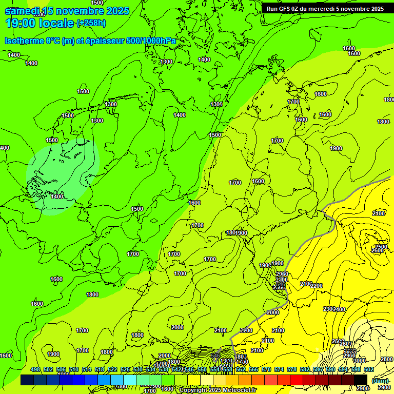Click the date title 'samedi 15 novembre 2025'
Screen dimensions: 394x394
pyautogui.click(x=67, y=11)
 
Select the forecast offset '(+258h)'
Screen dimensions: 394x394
pyautogui.click(x=91, y=23)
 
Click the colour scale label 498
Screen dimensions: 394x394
pyautogui.click(x=35, y=369)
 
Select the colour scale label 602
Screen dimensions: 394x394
pyautogui.click(x=368, y=369)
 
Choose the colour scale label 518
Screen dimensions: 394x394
pyautogui.click(x=100, y=369)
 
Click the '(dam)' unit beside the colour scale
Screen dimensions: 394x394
pyautogui.click(x=380, y=381)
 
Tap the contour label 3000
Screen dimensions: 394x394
pyautogui.click(x=360, y=361)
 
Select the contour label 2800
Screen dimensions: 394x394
pyautogui.click(x=386, y=359)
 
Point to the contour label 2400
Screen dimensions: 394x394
pyautogui.click(x=339, y=309)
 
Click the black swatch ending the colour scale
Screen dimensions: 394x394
pyautogui.click(x=361, y=380)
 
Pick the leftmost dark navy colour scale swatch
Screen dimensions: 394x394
pyautogui.click(x=27, y=380)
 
